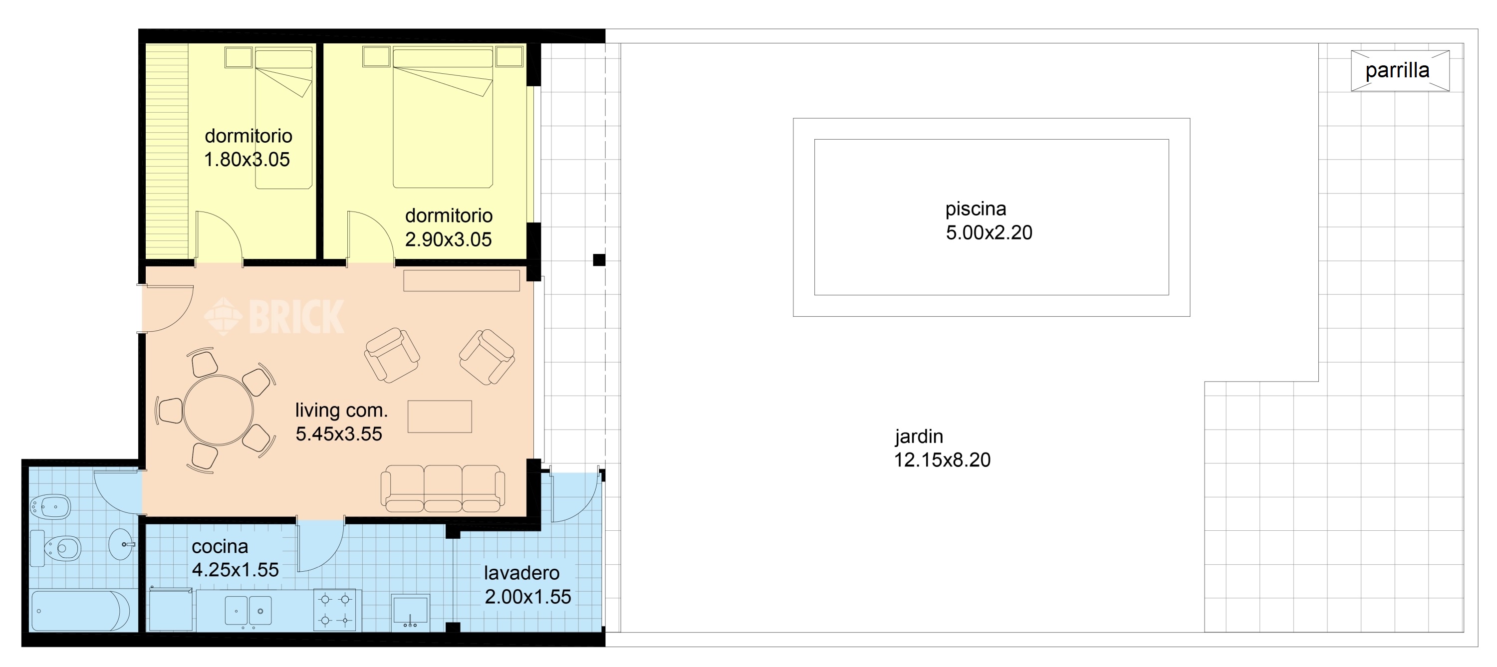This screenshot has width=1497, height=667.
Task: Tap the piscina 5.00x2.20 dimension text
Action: coord(989,232)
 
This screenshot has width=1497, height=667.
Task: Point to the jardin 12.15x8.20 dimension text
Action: coord(942,459)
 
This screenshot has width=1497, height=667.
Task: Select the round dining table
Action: coord(219,410)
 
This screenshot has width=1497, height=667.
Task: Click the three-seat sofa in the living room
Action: coord(442,488)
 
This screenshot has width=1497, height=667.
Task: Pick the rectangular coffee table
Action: coord(439,417)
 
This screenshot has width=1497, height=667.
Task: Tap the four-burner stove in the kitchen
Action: coord(337,610)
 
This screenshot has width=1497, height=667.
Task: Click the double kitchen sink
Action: coord(248,611)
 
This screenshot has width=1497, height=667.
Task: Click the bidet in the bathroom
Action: coord(50,507)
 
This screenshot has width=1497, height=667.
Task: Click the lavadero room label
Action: coord(522,573)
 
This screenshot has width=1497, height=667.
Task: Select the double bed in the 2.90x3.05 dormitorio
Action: coord(443,118)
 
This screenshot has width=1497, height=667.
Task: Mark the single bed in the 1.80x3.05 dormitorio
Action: coord(283,119)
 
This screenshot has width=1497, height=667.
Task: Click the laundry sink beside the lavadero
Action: coord(410,611)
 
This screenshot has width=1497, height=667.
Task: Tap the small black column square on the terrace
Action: coord(599,260)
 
